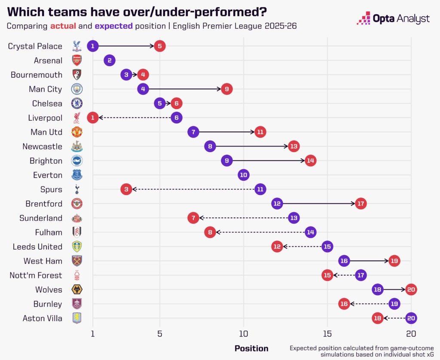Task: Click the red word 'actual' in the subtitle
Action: point(64,26)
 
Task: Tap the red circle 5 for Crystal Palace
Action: point(160,46)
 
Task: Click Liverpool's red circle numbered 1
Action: point(92,118)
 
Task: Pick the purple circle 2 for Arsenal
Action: point(110,61)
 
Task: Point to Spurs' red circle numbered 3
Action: point(126,189)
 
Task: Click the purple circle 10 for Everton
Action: point(244,175)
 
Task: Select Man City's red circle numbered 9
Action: point(227,89)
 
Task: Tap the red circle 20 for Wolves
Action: point(411,290)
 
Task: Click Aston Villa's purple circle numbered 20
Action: point(411,318)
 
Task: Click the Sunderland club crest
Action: point(76,218)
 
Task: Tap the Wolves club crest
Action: point(76,290)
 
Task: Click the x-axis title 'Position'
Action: point(251,348)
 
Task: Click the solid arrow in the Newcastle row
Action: point(251,146)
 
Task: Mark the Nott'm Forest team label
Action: point(36,275)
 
